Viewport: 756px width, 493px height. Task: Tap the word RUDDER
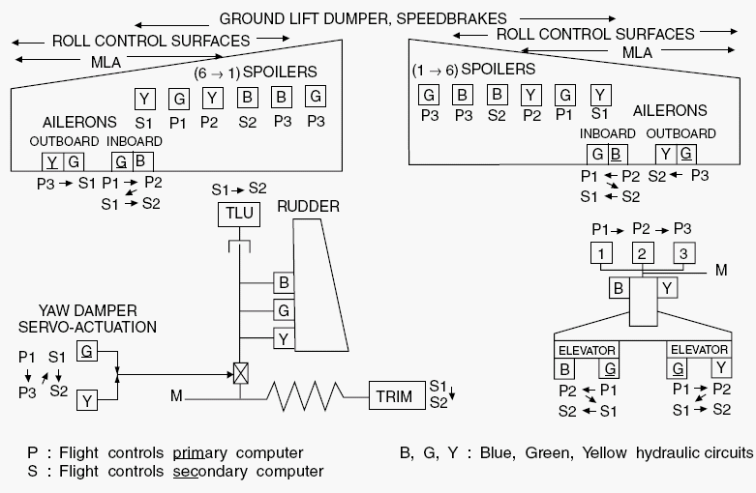tap(308, 206)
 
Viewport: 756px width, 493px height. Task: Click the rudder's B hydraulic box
tap(284, 281)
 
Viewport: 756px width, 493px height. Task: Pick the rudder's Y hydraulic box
tap(284, 337)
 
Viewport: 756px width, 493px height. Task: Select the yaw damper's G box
tap(87, 351)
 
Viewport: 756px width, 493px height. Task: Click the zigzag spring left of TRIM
tap(306, 395)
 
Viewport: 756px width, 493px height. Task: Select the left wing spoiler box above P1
tap(179, 98)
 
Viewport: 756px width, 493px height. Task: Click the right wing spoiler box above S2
tap(497, 95)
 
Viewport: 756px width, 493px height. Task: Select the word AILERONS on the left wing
tap(80, 123)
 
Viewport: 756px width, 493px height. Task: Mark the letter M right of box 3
tap(720, 270)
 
